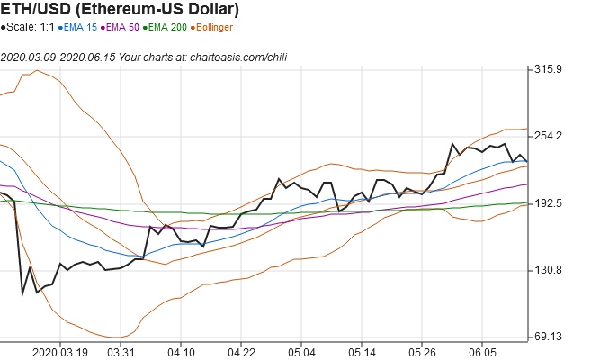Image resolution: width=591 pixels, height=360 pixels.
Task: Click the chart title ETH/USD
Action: tap(121, 11)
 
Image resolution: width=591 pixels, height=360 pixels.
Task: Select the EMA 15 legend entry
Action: tap(80, 28)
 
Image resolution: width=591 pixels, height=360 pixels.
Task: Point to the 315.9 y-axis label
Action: tap(548, 69)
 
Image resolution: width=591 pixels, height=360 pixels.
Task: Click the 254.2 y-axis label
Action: tap(548, 136)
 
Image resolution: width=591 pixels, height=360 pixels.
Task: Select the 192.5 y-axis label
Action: tap(548, 203)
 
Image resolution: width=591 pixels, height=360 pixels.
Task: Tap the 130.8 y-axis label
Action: tap(548, 270)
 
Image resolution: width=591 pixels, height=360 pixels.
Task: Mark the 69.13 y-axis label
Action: tap(548, 337)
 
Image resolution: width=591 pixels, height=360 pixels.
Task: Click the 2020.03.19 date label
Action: tap(60, 352)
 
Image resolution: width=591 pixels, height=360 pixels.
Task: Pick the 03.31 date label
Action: tap(121, 352)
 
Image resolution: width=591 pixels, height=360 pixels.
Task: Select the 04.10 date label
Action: tap(181, 352)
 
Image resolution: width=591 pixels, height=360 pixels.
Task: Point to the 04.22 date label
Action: tap(242, 352)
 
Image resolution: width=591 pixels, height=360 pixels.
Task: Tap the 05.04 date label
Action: tap(301, 352)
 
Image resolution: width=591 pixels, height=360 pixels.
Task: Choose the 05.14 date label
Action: tap(362, 352)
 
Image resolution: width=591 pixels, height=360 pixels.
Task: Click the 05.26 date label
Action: tap(422, 352)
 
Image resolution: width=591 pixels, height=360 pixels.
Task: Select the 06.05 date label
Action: tap(482, 352)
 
